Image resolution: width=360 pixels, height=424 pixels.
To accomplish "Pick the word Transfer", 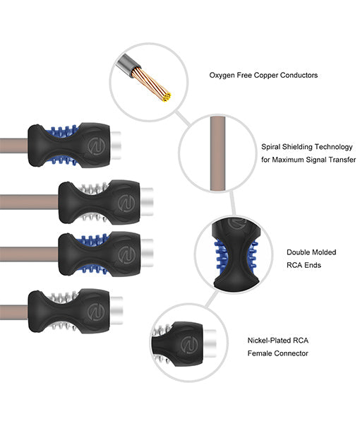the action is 342,160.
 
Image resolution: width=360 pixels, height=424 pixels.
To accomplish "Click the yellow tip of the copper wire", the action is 167,97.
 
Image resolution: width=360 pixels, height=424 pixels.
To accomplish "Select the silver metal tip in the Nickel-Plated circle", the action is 210,343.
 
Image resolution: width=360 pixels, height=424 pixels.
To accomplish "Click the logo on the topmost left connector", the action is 96,146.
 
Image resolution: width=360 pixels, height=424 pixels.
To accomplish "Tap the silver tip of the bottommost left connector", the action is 116,310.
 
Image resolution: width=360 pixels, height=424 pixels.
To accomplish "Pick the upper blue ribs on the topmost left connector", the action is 63,131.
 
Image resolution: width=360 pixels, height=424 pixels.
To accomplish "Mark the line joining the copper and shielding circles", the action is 183,118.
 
